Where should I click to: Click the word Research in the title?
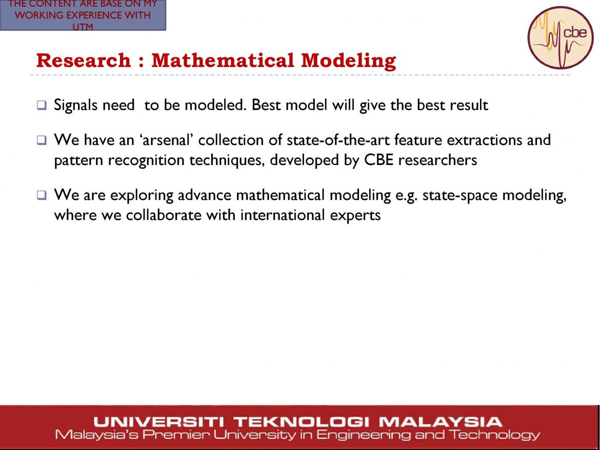pos(84,60)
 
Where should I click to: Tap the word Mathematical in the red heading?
pos(223,60)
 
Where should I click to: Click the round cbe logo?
pos(560,37)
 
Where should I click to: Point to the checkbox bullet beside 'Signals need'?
pos(42,105)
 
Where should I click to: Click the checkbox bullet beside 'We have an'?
pos(42,140)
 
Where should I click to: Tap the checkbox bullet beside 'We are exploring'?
pos(42,195)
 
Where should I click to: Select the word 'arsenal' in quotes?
pos(167,140)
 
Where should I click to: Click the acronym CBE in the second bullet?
pos(378,160)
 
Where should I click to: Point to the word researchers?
pos(437,160)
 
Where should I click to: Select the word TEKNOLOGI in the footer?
pos(302,422)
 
